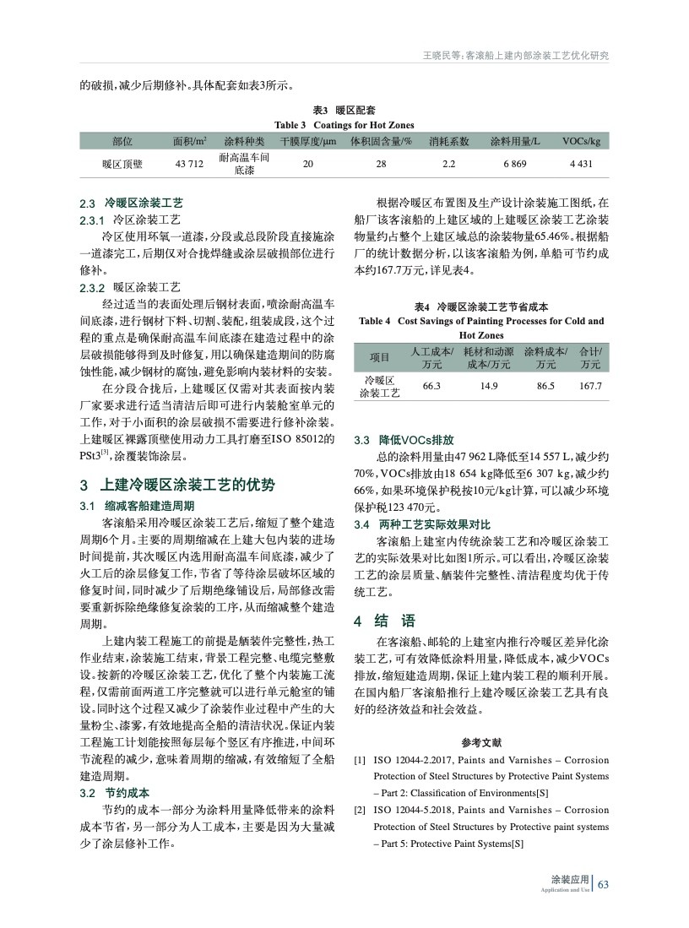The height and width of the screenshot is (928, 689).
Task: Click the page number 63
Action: coord(603,884)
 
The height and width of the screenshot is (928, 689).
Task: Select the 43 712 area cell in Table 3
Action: coord(189,164)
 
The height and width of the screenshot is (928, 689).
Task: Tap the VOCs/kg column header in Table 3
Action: coord(581,140)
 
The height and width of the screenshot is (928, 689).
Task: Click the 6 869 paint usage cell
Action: coord(515,164)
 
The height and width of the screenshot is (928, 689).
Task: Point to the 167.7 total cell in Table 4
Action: coord(590,386)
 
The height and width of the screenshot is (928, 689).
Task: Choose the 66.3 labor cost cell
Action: coord(431,386)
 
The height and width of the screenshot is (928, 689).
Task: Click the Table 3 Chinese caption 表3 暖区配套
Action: coord(344,111)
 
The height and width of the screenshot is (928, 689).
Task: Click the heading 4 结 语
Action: coord(384,621)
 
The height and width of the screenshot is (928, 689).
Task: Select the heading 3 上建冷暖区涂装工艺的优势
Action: coord(176,486)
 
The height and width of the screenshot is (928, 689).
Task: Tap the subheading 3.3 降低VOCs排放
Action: coord(404,440)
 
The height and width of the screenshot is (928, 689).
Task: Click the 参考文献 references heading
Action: coord(481,743)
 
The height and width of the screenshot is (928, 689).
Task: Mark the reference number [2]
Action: coord(360,810)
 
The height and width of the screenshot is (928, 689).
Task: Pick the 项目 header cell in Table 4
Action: coord(380,357)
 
